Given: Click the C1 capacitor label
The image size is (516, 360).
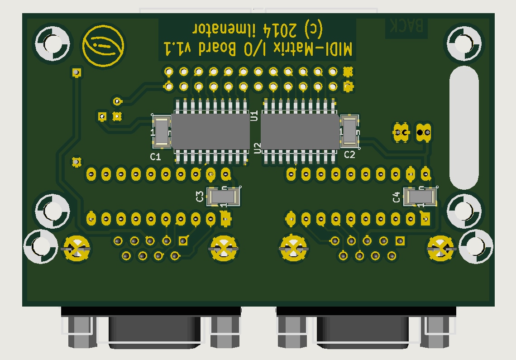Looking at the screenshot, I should [155, 157].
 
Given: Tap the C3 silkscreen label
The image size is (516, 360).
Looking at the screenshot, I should [200, 197].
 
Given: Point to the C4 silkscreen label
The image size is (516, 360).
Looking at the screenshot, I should [397, 197].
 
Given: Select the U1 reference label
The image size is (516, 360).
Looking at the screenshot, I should [254, 115].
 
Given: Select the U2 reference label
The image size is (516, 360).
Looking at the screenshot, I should [258, 148].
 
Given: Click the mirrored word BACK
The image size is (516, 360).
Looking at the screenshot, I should [406, 26].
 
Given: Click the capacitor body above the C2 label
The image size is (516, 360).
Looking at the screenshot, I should [349, 131].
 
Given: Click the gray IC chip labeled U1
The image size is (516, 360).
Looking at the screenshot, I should [210, 131].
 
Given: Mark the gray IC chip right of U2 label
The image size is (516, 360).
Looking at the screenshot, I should [300, 131].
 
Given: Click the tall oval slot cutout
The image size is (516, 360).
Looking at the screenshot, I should [463, 127].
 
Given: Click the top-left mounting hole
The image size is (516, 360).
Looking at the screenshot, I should [53, 43].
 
